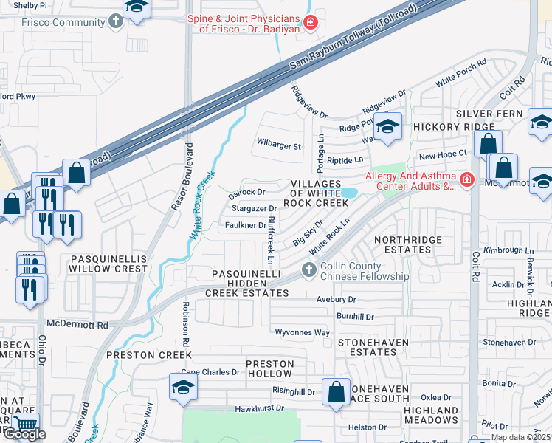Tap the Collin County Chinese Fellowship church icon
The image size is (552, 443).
pos(309,272)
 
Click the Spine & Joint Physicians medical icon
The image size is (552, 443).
pos(311,23)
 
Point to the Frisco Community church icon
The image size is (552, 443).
pos(115,22)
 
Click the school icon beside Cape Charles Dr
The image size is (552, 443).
pos(182,387)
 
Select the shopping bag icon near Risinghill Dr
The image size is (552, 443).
pos(337,391)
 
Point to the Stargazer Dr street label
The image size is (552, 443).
pos(252,210)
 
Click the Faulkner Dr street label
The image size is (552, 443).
pos(245,225)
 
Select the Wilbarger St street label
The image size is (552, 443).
pos(278,146)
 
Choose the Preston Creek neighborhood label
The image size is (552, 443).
pos(148,355)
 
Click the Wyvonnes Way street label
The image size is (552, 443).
pos(302,333)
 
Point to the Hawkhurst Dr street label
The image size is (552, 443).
pos(259,408)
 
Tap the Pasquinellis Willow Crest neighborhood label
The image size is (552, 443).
pos(109,264)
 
